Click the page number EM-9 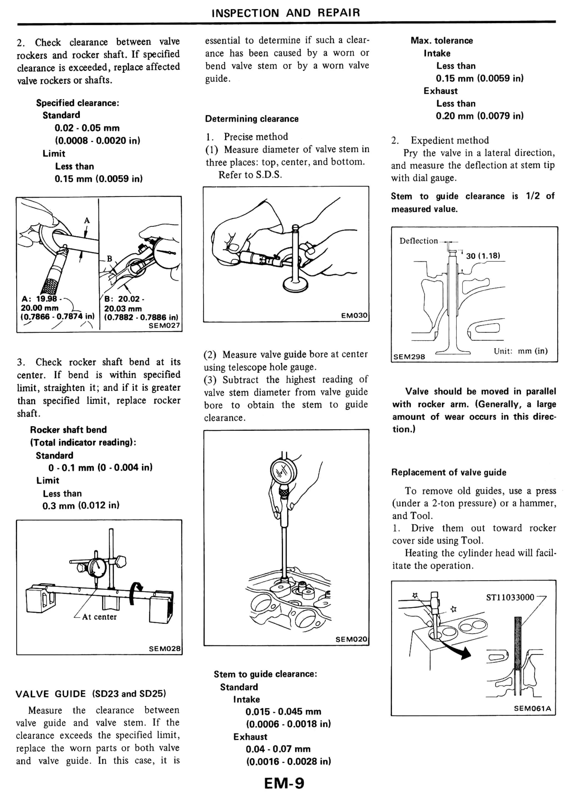click(284, 783)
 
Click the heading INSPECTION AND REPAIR click(286, 13)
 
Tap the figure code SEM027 click(164, 325)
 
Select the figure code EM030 click(354, 315)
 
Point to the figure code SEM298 click(409, 357)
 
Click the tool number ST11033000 click(510, 597)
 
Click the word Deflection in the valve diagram click(418, 241)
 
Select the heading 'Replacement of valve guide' click(448, 472)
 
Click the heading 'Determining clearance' click(251, 119)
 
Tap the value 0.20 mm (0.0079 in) click(479, 116)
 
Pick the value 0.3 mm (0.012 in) click(81, 506)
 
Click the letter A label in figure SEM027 click(87, 220)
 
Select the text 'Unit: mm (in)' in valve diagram click(520, 351)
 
